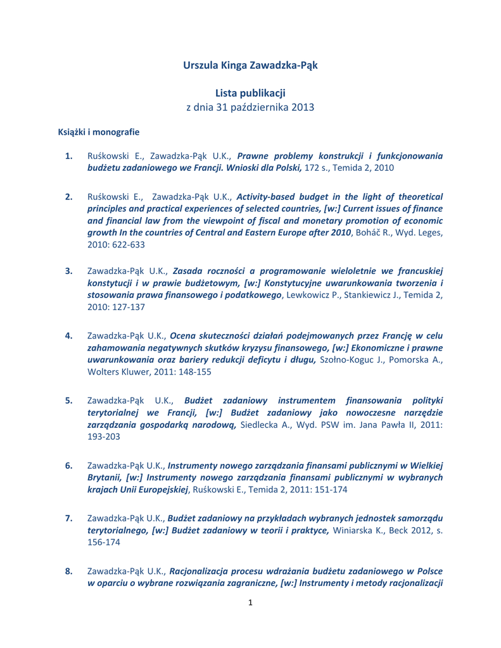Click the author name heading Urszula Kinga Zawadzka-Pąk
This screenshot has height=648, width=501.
pos(250,65)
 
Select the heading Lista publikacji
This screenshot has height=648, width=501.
pos(250,93)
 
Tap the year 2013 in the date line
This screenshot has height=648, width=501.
pos(303,107)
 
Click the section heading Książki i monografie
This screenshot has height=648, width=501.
pos(99,132)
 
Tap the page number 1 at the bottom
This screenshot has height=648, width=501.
pos(250,602)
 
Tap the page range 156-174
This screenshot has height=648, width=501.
pos(103,542)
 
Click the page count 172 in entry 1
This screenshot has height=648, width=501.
pos(312,168)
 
